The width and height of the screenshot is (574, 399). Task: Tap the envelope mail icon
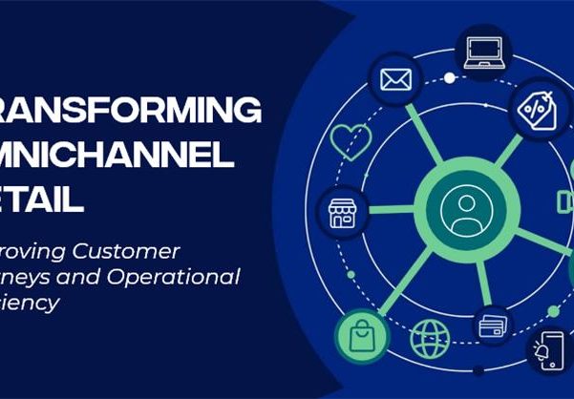(394, 80)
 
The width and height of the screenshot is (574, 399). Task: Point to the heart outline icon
(349, 141)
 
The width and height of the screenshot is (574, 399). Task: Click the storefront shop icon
(342, 211)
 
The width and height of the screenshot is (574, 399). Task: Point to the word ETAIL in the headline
(48, 200)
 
